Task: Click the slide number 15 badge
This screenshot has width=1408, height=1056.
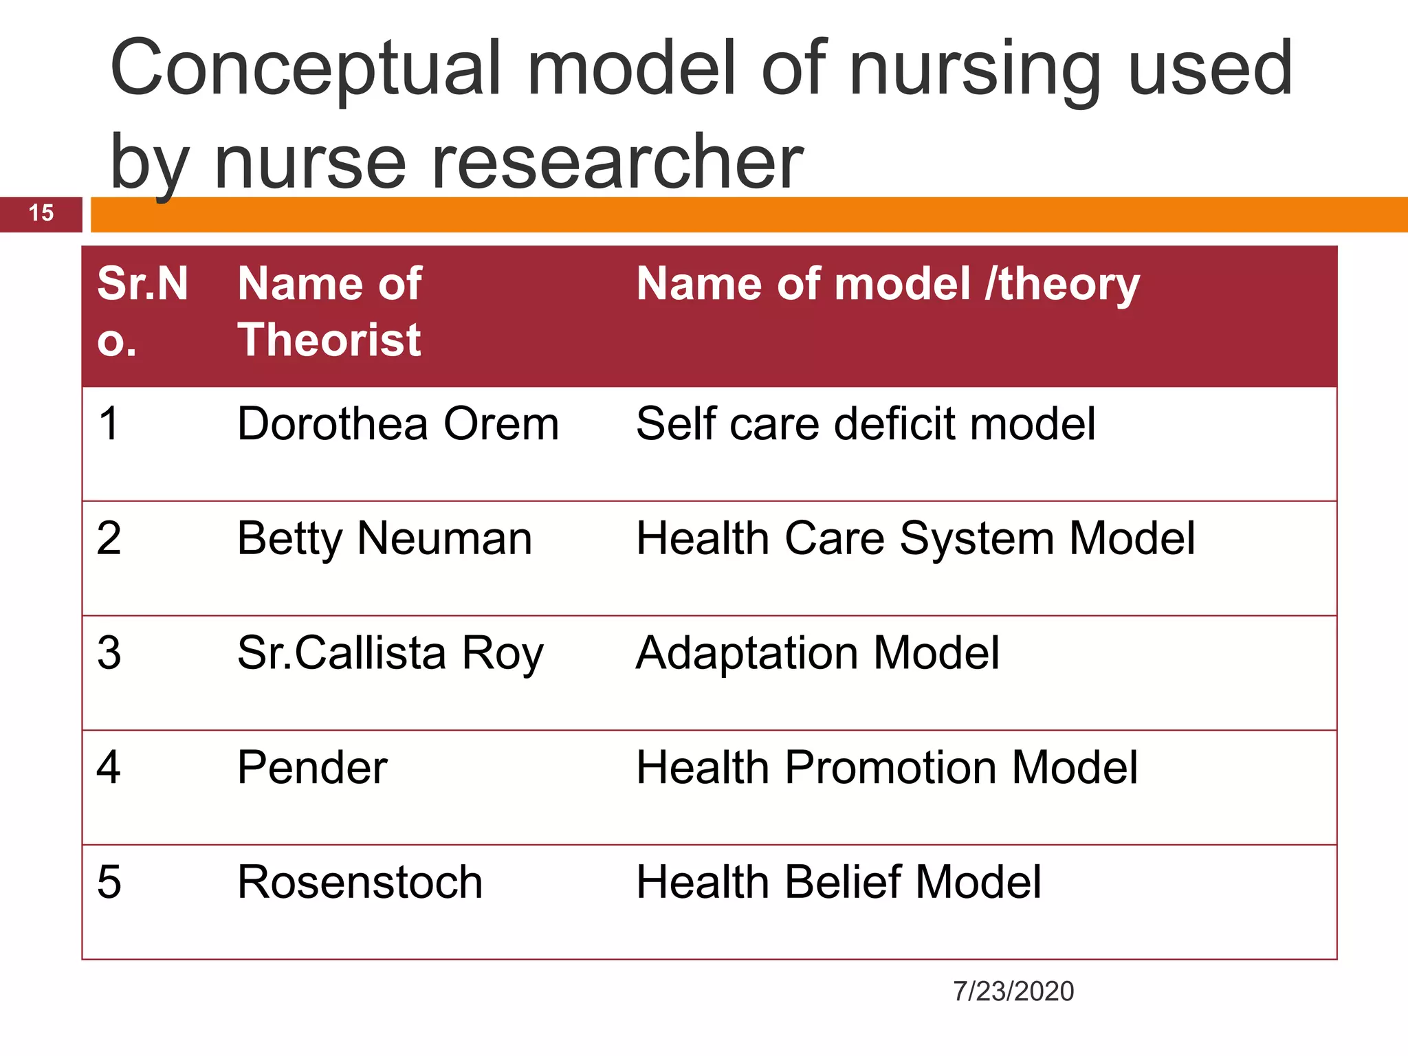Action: pyautogui.click(x=41, y=214)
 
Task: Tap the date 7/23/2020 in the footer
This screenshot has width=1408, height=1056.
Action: pyautogui.click(x=1013, y=991)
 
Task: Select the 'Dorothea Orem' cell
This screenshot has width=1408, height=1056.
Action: pyautogui.click(x=398, y=423)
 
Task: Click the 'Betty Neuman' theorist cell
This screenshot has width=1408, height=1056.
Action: pyautogui.click(x=384, y=538)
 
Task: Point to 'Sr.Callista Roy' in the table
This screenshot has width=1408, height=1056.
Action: pyautogui.click(x=390, y=653)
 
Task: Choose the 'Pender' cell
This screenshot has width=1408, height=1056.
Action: pyautogui.click(x=312, y=767)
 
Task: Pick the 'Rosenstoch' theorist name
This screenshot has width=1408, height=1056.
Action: pyautogui.click(x=360, y=882)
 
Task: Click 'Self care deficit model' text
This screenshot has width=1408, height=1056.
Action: pyautogui.click(x=866, y=423)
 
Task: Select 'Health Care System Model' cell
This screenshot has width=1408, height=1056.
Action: pyautogui.click(x=915, y=538)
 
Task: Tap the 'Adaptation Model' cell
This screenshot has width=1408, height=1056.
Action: pyautogui.click(x=817, y=653)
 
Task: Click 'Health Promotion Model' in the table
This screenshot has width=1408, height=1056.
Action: pyautogui.click(x=887, y=767)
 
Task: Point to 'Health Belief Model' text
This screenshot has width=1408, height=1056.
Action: pyautogui.click(x=838, y=882)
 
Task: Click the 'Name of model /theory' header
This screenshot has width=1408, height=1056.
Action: pyautogui.click(x=888, y=285)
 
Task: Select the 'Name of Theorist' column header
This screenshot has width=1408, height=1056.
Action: pyautogui.click(x=329, y=312)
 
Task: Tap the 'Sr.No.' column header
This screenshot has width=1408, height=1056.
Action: pyautogui.click(x=142, y=312)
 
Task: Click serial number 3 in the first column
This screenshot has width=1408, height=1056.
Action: pyautogui.click(x=109, y=653)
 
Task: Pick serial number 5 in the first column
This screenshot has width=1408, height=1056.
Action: pyautogui.click(x=109, y=882)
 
